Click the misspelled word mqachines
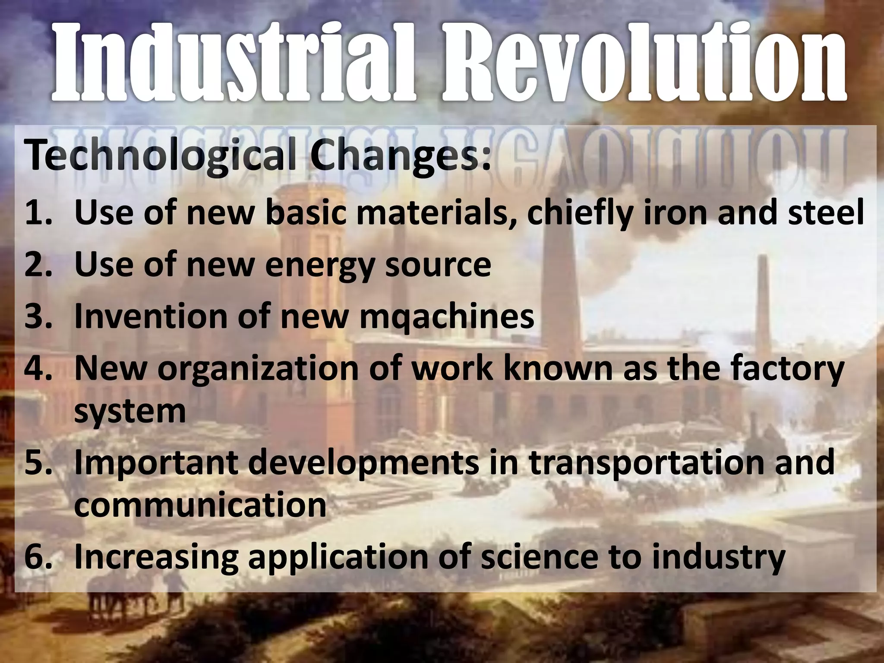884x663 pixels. [446, 316]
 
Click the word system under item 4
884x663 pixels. [129, 411]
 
